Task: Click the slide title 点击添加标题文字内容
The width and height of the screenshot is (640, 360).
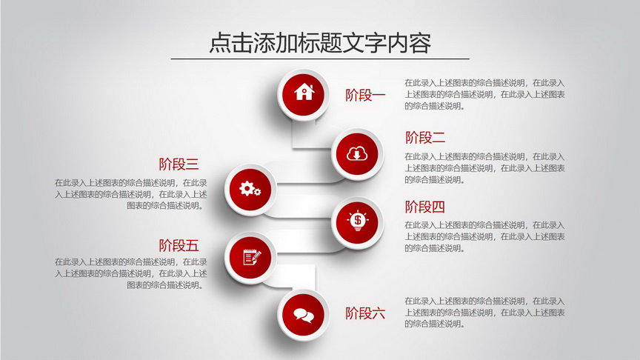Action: tap(320, 43)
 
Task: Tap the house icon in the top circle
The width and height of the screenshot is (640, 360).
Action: tap(304, 92)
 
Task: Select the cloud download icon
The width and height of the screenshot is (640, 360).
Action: tap(357, 153)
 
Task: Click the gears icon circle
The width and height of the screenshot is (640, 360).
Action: tap(250, 190)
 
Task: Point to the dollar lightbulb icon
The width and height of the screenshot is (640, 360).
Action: tap(358, 221)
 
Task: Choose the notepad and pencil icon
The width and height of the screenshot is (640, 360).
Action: tap(251, 257)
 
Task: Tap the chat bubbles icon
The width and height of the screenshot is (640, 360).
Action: tap(304, 315)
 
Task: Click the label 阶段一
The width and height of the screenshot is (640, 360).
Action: tap(365, 95)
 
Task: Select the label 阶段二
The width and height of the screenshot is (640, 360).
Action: tap(425, 138)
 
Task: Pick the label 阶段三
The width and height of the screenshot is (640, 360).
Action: tap(179, 164)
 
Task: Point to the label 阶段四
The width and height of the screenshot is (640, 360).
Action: tap(425, 207)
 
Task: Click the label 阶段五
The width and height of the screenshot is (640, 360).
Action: tap(179, 246)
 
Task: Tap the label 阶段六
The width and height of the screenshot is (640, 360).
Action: tap(365, 313)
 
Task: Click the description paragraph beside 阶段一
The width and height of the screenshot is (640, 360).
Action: tap(485, 94)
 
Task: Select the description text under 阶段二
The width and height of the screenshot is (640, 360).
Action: tap(485, 167)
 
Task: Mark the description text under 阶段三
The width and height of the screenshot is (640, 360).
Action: tap(131, 194)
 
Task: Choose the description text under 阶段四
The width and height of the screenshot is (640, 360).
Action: tap(485, 236)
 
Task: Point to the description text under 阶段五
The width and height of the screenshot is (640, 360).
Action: tap(131, 273)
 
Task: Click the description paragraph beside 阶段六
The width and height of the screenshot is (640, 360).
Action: tap(485, 313)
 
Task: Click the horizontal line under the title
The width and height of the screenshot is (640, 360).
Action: tap(320, 59)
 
